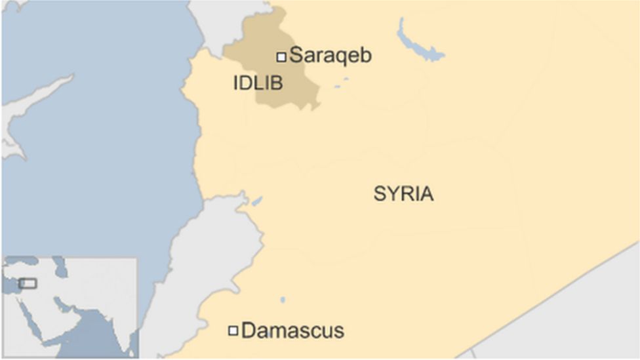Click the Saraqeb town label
[x=330, y=56]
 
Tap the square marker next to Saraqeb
[x=281, y=57]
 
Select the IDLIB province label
[x=258, y=83]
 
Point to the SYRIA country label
[x=403, y=194]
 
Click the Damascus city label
[x=292, y=330]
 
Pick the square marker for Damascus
[x=233, y=330]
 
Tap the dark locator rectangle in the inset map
[x=28, y=283]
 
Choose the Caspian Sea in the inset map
[x=60, y=266]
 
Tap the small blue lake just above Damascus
[x=283, y=300]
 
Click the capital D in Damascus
[x=249, y=330]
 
